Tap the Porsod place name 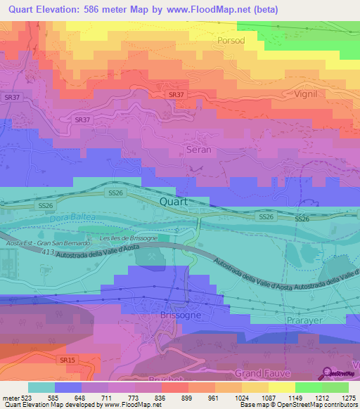231,41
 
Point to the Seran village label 198,150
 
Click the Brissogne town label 181,316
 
